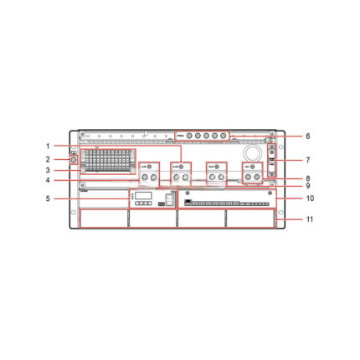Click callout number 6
coord(307,136)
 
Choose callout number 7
coord(307,158)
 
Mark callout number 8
coord(307,177)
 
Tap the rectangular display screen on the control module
coord(142,194)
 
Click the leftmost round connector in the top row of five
coord(188,136)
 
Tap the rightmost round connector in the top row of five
coord(224,136)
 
